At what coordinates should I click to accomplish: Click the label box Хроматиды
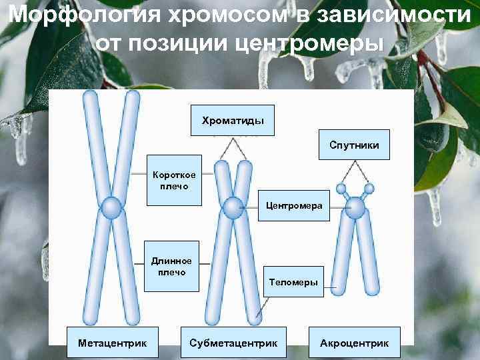pyautogui.click(x=233, y=121)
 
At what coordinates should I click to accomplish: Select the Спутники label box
pyautogui.click(x=359, y=145)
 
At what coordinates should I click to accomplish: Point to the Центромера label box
pyautogui.click(x=294, y=205)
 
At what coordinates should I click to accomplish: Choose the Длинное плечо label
pyautogui.click(x=171, y=266)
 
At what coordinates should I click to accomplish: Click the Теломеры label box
pyautogui.click(x=293, y=283)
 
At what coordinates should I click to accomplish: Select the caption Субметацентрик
pyautogui.click(x=233, y=343)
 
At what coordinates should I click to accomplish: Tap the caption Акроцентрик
pyautogui.click(x=354, y=343)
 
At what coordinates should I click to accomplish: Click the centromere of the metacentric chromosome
pyautogui.click(x=111, y=208)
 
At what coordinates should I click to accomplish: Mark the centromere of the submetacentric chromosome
pyautogui.click(x=233, y=207)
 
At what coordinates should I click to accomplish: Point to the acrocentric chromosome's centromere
pyautogui.click(x=355, y=209)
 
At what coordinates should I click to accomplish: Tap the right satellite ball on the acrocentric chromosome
pyautogui.click(x=369, y=189)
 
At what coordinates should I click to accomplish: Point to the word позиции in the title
pyautogui.click(x=192, y=43)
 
